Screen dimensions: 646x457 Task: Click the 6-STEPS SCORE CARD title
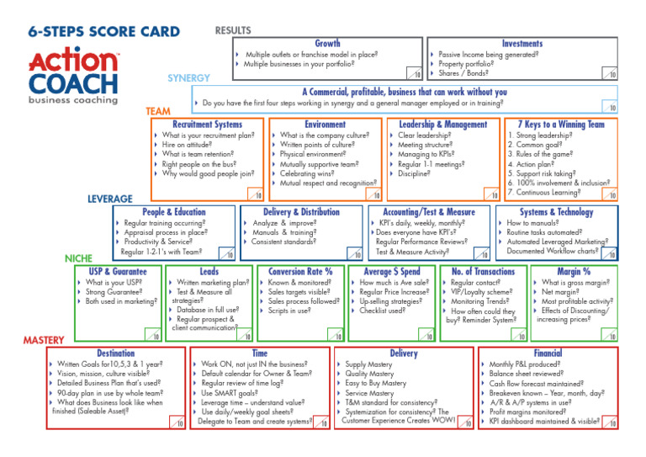104,33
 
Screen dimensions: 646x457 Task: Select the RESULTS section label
233,30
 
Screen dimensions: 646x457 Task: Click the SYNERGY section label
189,77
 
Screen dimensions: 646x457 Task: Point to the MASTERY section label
43,340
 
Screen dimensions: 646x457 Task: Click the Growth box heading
327,43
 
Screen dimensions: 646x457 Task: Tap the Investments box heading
522,43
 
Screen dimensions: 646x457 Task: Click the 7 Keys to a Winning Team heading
561,125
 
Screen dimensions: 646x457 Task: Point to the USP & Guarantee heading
119,272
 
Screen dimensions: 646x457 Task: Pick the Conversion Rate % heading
300,272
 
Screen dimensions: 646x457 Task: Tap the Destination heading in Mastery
116,353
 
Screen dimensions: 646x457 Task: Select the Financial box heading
548,353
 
